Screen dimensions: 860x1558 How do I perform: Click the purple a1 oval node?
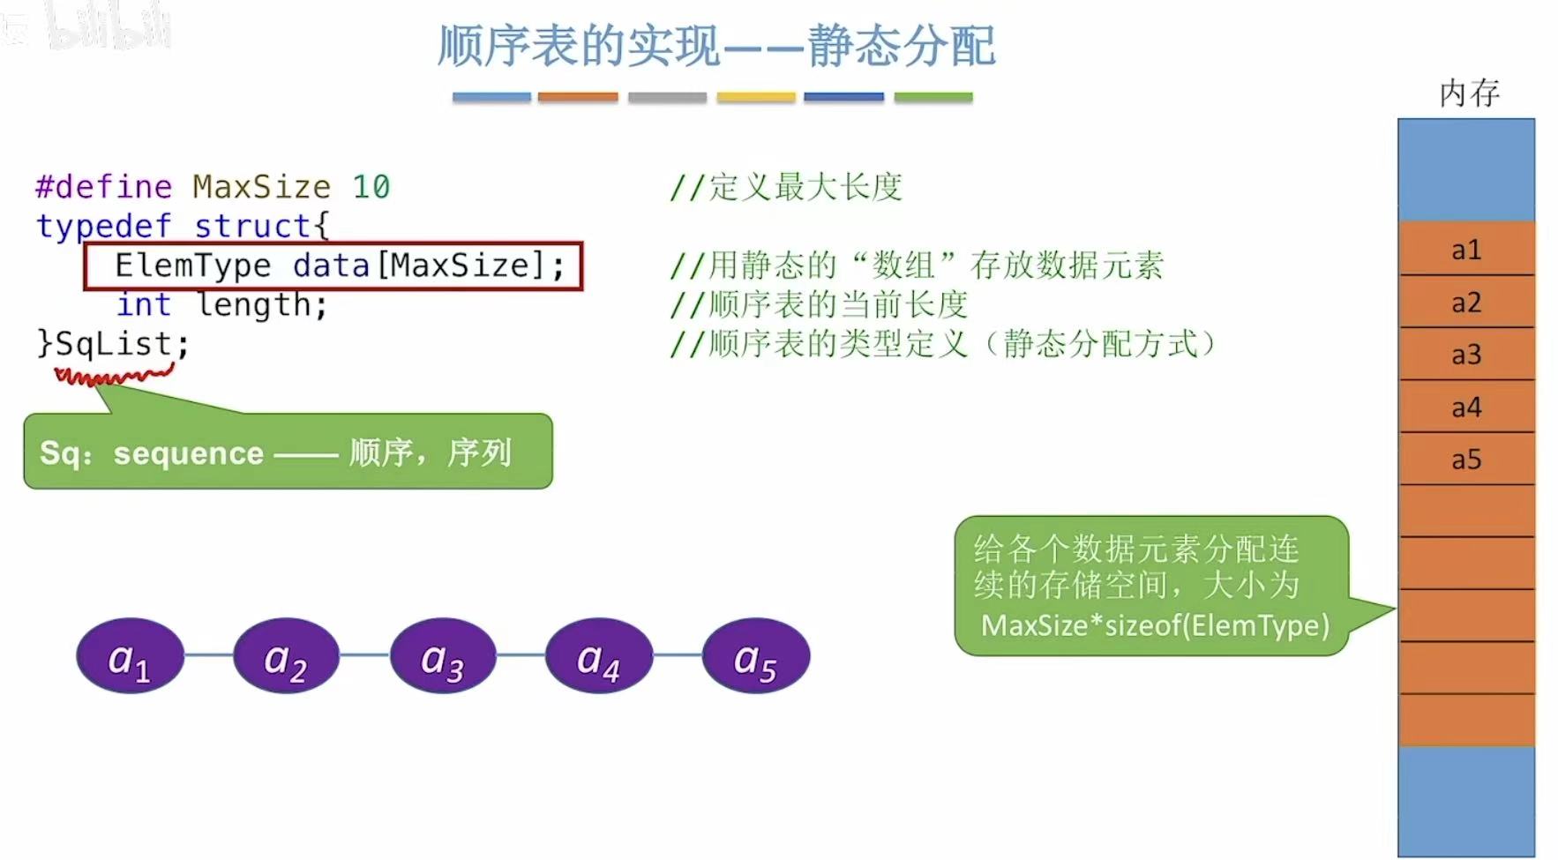[x=130, y=656]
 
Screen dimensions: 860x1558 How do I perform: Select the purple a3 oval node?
[x=443, y=656]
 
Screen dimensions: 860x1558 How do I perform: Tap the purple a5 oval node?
[x=756, y=656]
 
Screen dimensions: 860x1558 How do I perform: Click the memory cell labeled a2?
[x=1466, y=303]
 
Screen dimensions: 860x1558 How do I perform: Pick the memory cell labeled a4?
[x=1466, y=407]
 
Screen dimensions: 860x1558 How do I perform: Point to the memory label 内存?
[x=1469, y=93]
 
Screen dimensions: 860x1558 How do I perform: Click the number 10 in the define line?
[x=371, y=187]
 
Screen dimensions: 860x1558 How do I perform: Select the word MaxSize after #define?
[x=261, y=187]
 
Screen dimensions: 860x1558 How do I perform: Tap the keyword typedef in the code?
[x=103, y=227]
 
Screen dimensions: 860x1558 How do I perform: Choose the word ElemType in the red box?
[x=192, y=265]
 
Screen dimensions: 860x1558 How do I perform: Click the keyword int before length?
[x=143, y=305]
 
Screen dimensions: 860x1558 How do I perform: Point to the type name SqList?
[x=113, y=343]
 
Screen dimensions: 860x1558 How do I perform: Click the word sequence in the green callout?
[x=189, y=453]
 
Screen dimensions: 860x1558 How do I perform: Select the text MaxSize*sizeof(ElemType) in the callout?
[x=1155, y=625]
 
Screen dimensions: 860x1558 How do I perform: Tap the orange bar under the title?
[x=578, y=97]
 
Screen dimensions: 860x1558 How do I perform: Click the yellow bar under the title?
[x=756, y=97]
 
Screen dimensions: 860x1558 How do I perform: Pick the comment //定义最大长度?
[x=786, y=187]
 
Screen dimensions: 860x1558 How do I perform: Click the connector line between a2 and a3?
[x=364, y=654]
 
